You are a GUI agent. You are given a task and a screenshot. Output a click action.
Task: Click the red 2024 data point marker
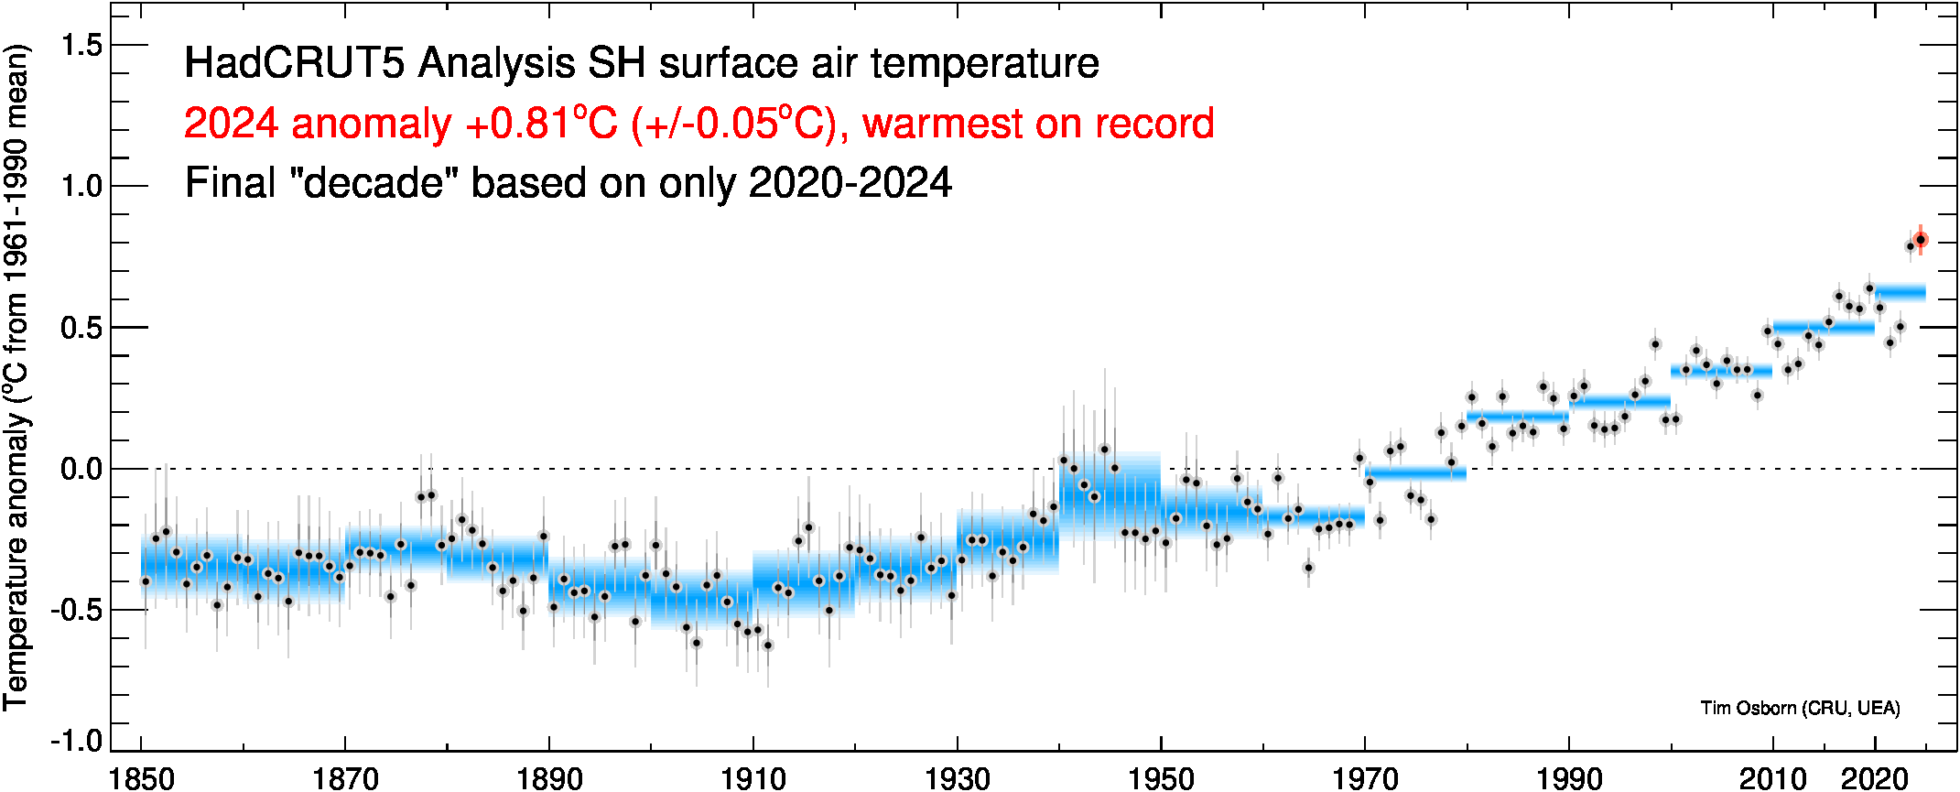(x=1921, y=240)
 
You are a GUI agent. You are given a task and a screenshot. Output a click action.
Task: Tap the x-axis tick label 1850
(x=141, y=778)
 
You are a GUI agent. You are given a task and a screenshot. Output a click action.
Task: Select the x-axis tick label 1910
(x=753, y=778)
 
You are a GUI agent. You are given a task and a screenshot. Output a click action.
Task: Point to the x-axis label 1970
(x=1365, y=778)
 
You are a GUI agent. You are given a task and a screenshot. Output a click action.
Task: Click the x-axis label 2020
(x=1874, y=778)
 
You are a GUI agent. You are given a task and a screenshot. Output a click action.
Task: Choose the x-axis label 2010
(x=1772, y=778)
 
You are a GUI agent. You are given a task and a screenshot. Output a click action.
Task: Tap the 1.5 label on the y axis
(x=81, y=45)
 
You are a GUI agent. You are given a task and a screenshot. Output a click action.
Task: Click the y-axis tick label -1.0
(x=77, y=740)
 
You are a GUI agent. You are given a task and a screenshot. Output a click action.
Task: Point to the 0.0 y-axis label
(x=81, y=469)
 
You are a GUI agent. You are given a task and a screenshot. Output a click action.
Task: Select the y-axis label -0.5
(x=77, y=609)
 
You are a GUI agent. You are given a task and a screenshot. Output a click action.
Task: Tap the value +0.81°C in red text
(x=541, y=124)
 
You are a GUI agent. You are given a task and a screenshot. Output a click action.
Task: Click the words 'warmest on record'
(x=1038, y=124)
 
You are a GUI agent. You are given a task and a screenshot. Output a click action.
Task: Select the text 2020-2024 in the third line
(x=850, y=183)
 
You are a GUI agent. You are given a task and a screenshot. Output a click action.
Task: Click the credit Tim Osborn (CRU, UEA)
(x=1800, y=708)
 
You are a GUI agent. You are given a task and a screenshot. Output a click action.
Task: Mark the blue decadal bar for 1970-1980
(x=1415, y=473)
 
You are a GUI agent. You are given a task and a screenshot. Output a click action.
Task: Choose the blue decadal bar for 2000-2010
(x=1721, y=371)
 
